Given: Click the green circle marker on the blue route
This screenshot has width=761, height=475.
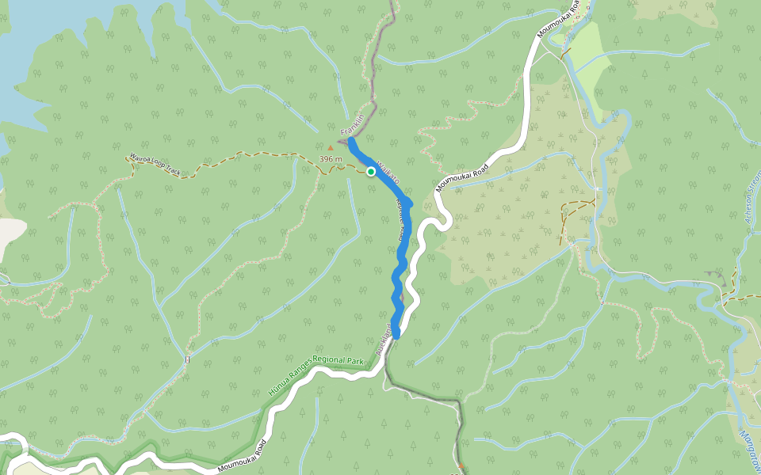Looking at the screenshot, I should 370,171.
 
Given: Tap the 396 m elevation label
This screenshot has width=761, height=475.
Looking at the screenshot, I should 331,159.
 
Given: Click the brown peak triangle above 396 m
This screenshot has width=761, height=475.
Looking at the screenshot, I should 331,146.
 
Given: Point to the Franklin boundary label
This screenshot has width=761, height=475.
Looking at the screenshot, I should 352,125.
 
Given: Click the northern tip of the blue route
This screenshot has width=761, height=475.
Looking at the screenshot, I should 350,140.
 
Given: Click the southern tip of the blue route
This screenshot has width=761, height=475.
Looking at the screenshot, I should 396,335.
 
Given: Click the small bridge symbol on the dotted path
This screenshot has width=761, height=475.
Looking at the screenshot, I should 188,360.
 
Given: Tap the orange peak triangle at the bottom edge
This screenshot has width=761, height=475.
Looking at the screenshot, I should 461,466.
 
